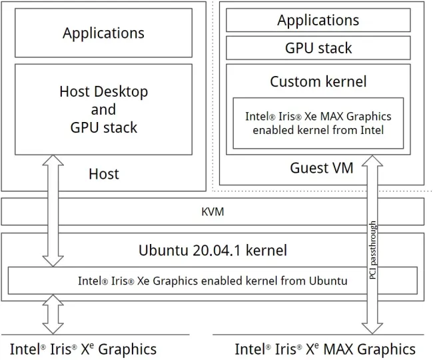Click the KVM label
tap(213, 212)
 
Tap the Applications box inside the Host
tap(103, 33)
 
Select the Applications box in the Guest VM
tap(318, 20)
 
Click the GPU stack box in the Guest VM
tap(318, 48)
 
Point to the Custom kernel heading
tap(318, 81)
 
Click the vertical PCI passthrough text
tap(372, 250)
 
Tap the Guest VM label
tap(322, 168)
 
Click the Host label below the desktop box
tap(104, 174)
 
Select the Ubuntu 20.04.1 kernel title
tap(213, 250)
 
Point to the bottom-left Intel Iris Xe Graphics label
tap(83, 349)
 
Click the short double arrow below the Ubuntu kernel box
tap(53, 314)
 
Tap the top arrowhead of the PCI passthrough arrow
tap(372, 161)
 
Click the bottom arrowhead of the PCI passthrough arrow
tap(372, 329)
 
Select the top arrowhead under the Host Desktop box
tap(53, 160)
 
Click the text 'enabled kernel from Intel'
tap(318, 130)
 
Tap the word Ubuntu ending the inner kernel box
tap(328, 281)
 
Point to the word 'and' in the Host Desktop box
tap(103, 110)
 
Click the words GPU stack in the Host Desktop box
tap(103, 127)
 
